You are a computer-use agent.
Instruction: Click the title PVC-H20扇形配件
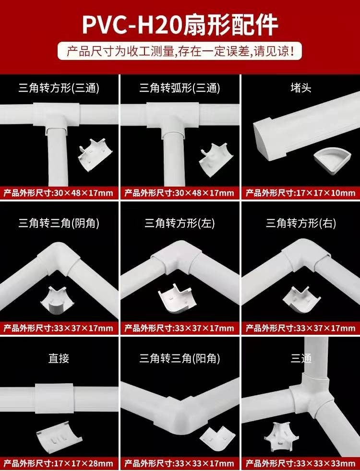click(x=180, y=24)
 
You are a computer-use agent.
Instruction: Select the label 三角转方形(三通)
click(x=59, y=88)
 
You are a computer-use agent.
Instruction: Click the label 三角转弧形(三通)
click(x=180, y=88)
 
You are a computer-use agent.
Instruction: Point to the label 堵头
click(x=301, y=88)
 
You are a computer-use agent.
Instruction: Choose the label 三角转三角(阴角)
click(x=59, y=224)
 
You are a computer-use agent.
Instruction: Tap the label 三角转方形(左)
click(x=180, y=224)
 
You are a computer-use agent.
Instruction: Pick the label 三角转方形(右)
click(x=301, y=224)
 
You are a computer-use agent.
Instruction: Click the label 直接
click(x=59, y=358)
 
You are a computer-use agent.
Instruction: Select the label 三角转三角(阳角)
click(x=180, y=358)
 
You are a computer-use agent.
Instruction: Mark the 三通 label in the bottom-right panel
click(x=301, y=358)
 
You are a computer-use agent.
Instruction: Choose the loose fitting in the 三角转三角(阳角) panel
click(x=214, y=437)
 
